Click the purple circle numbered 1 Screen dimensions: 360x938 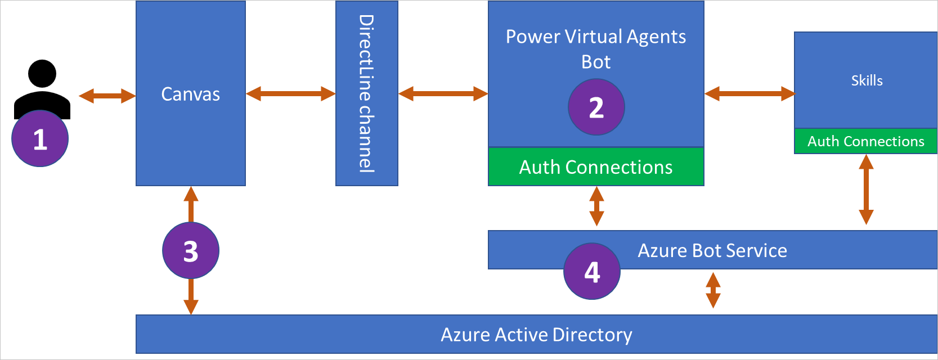point(40,139)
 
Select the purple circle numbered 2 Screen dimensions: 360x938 point(596,107)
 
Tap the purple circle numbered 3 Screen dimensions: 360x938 point(191,250)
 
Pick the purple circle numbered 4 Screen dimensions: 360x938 point(592,271)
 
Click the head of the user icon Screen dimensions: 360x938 point(42,74)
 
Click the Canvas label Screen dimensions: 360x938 point(190,94)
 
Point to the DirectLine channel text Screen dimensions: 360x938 point(366,93)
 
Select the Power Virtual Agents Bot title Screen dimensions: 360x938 point(595,48)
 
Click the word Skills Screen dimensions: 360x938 point(867,80)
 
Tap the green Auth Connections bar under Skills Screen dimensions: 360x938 point(865,141)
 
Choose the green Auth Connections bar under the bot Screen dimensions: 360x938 point(595,167)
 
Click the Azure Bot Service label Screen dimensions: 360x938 point(712,250)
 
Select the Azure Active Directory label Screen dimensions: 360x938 point(536,335)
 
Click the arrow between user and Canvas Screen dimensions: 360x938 point(107,96)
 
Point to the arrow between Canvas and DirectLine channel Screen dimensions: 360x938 point(290,93)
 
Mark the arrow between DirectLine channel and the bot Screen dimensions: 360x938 point(443,93)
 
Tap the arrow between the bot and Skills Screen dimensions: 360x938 point(749,93)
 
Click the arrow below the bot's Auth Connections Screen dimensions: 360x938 point(596,206)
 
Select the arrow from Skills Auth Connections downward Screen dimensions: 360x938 point(866,190)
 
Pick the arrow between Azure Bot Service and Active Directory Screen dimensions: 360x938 point(713,290)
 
